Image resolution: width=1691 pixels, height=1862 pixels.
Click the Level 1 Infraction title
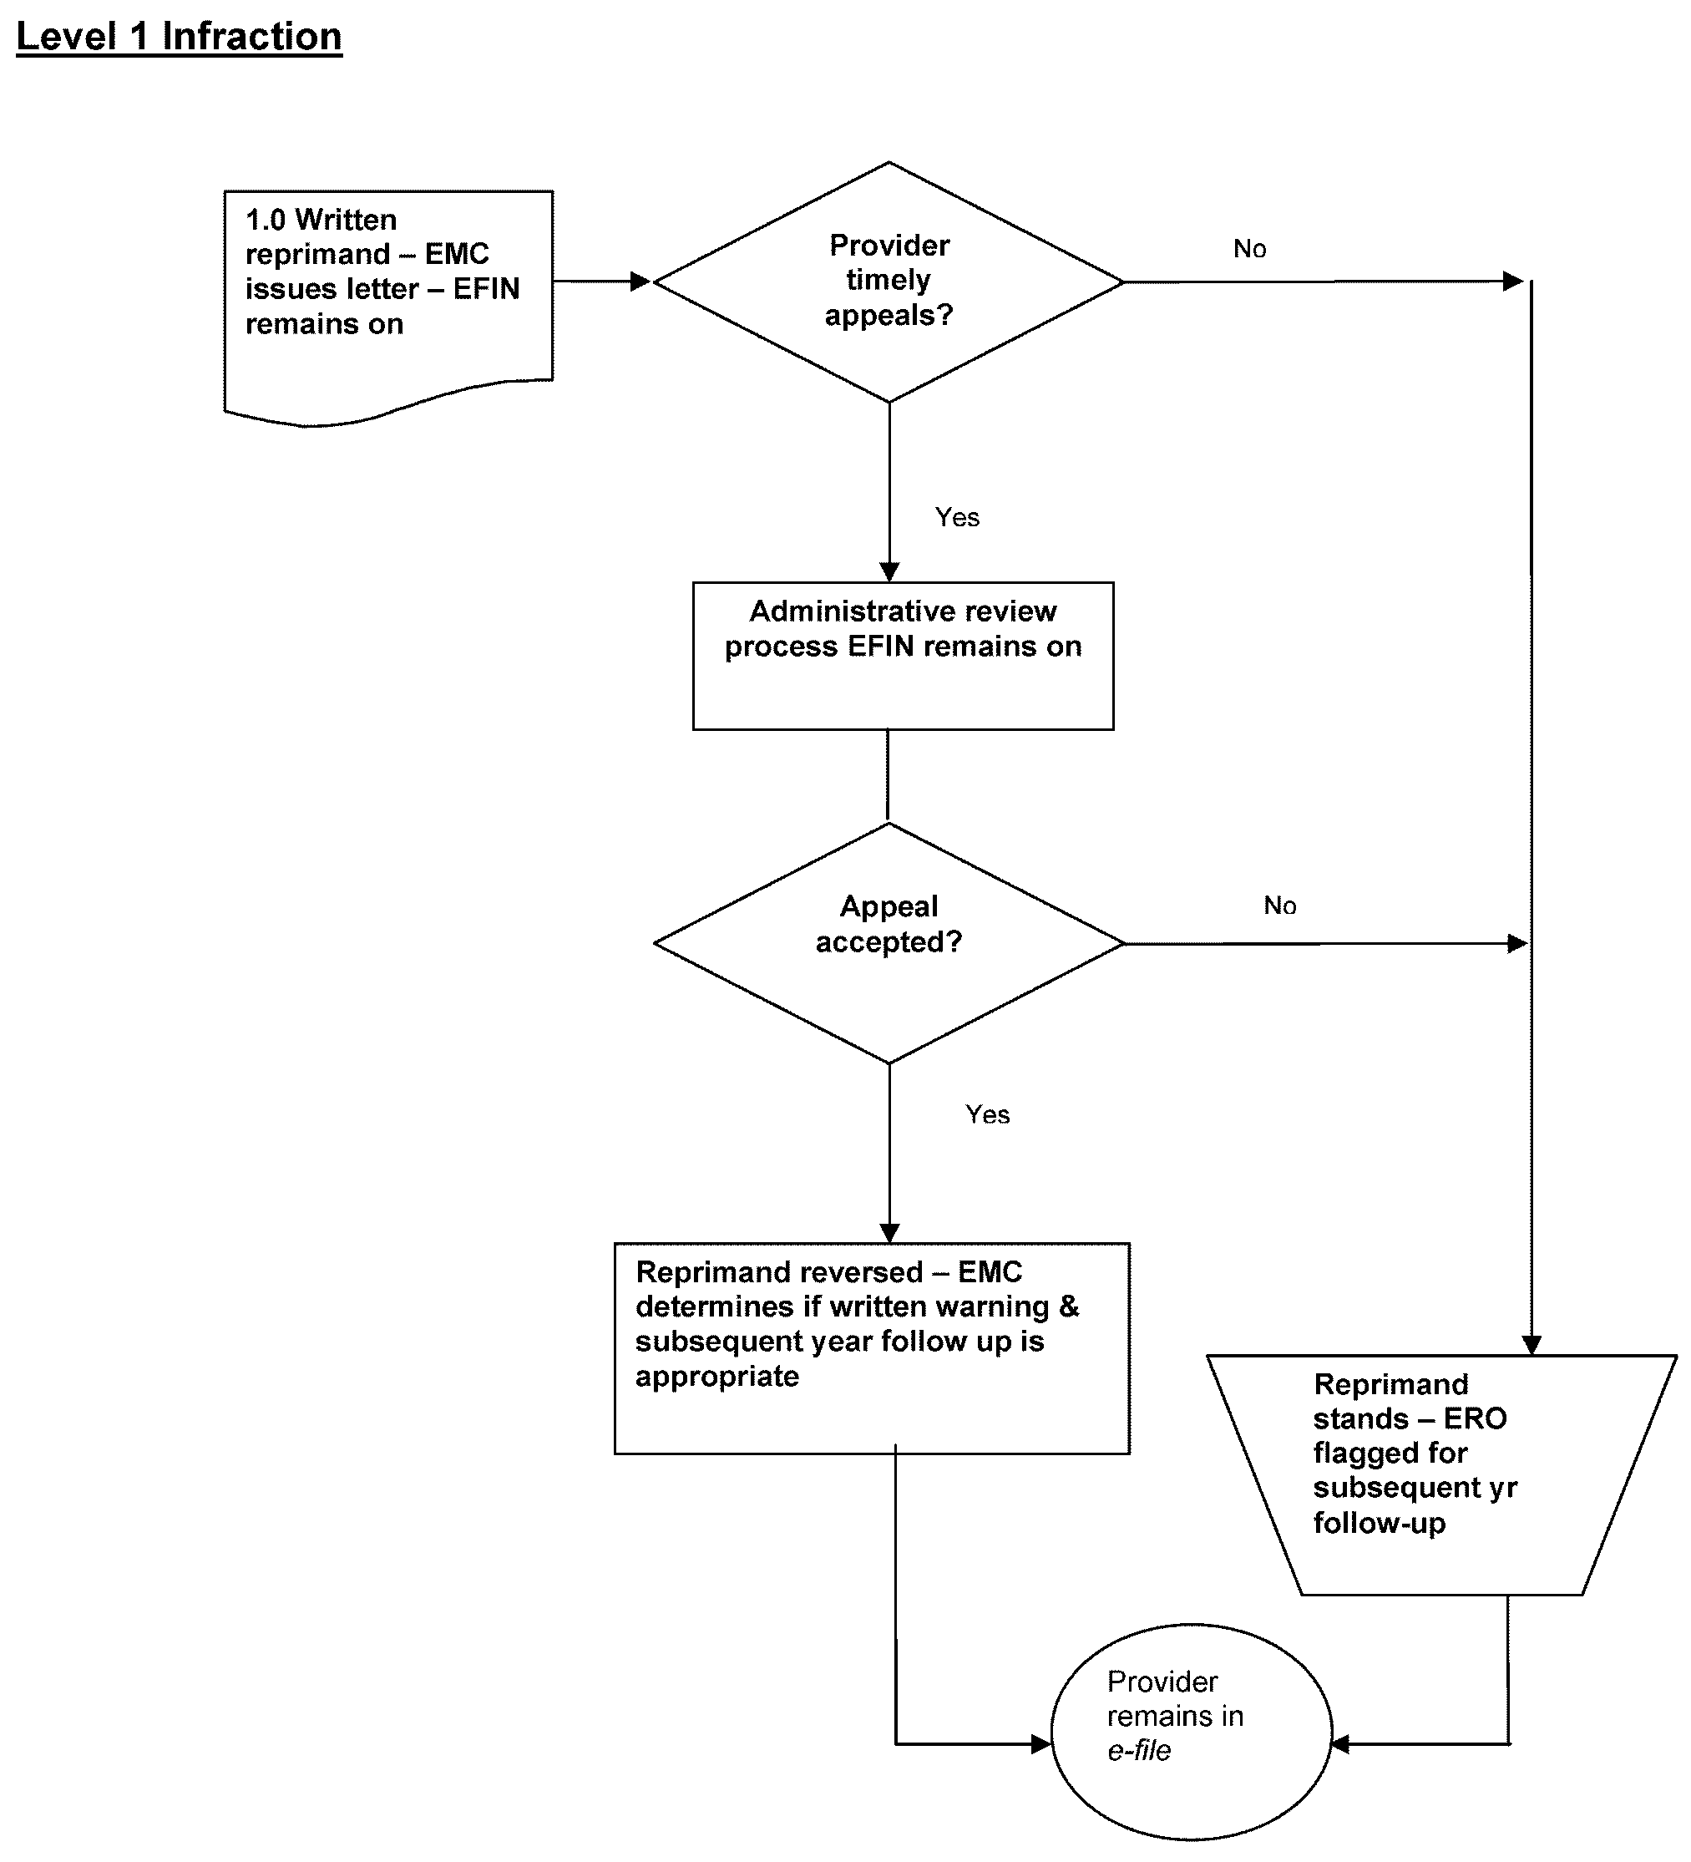point(180,37)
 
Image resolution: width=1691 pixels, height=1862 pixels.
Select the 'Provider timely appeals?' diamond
point(889,282)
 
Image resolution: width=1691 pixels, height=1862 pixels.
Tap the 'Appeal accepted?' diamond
point(889,942)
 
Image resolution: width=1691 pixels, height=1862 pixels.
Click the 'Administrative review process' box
point(903,656)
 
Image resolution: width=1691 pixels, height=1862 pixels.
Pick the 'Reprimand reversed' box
point(871,1347)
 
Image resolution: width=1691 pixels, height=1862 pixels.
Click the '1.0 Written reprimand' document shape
point(388,296)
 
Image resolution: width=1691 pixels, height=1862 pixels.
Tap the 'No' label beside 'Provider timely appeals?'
point(1249,248)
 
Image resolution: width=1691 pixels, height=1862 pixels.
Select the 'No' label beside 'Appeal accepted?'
point(1280,906)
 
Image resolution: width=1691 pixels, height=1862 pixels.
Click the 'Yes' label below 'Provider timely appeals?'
point(957,517)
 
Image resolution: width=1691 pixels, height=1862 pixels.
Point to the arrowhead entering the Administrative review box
point(889,571)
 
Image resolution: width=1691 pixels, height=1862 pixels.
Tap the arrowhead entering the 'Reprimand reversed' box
point(889,1233)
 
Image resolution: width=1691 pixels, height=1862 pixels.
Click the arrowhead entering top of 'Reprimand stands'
point(1532,1345)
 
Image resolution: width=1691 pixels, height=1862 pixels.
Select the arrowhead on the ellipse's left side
point(1040,1743)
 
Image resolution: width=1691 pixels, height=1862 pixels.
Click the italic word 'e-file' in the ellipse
point(1139,1750)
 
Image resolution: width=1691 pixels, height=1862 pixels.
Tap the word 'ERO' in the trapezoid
point(1475,1418)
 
